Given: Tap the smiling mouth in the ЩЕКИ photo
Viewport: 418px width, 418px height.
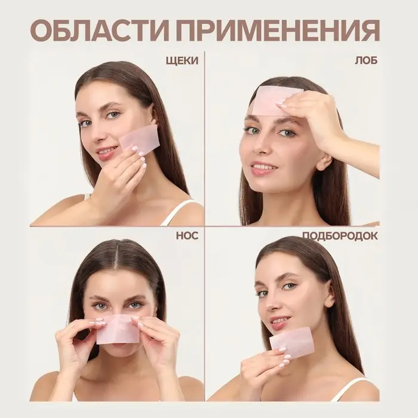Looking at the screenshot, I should [106, 152].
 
